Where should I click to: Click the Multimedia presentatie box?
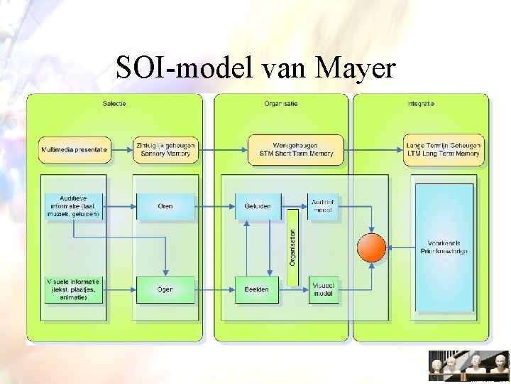pyautogui.click(x=75, y=150)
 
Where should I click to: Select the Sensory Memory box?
pyautogui.click(x=165, y=150)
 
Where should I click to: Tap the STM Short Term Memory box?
pyautogui.click(x=295, y=150)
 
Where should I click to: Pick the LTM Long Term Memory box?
pyautogui.click(x=443, y=150)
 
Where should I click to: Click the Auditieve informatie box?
pyautogui.click(x=74, y=206)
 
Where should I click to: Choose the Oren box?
pyautogui.click(x=165, y=206)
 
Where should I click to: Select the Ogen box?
pyautogui.click(x=165, y=289)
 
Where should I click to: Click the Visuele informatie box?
pyautogui.click(x=74, y=289)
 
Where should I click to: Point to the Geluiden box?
pyautogui.click(x=258, y=206)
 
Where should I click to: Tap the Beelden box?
pyautogui.click(x=258, y=289)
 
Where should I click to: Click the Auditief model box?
pyautogui.click(x=323, y=206)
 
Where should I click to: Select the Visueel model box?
pyautogui.click(x=323, y=289)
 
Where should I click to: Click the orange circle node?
pyautogui.click(x=371, y=247)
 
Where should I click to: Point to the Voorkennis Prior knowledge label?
pyautogui.click(x=444, y=247)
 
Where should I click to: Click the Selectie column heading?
pyautogui.click(x=114, y=104)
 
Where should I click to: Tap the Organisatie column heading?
pyautogui.click(x=281, y=104)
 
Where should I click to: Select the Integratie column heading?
pyautogui.click(x=421, y=104)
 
